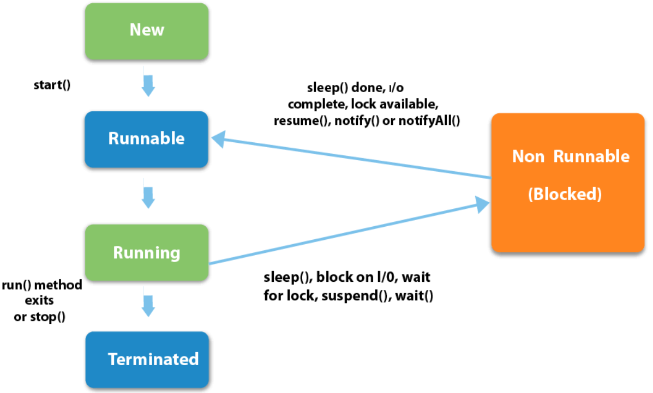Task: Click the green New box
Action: click(x=147, y=31)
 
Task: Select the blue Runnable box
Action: click(x=147, y=138)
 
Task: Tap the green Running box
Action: click(x=147, y=252)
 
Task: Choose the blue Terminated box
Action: click(x=147, y=359)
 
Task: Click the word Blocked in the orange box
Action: click(x=565, y=195)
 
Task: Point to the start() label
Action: click(x=52, y=86)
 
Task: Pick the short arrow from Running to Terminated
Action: click(x=148, y=305)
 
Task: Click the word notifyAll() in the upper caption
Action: click(x=430, y=121)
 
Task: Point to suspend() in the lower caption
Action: click(x=366, y=297)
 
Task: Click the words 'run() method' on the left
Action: click(x=43, y=285)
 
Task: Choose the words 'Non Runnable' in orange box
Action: click(x=571, y=156)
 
